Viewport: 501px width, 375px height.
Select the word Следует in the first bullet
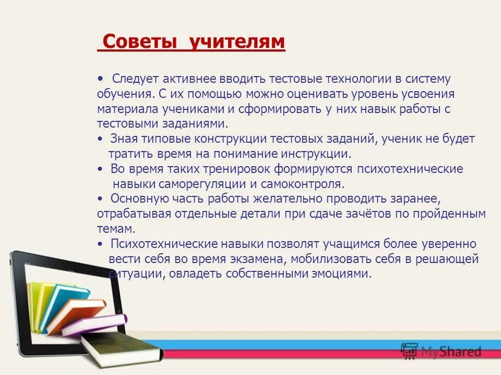pyautogui.click(x=136, y=79)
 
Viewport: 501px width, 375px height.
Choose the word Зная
pyautogui.click(x=124, y=139)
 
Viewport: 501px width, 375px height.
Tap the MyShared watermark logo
pyautogui.click(x=442, y=352)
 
